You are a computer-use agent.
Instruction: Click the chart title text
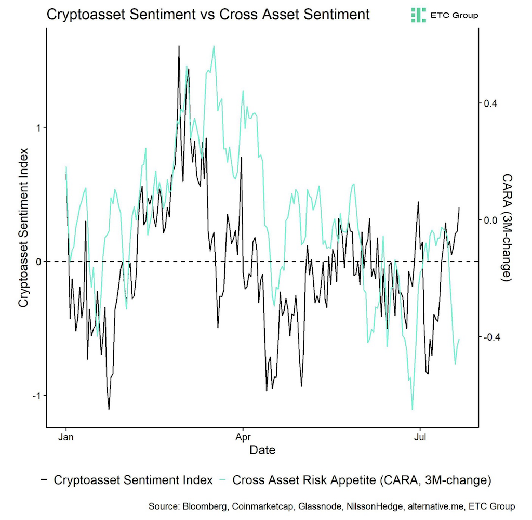coord(208,14)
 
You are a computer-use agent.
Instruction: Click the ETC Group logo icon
coord(418,15)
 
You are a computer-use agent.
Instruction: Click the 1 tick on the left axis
coord(37,128)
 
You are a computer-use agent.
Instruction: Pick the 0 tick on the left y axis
coord(37,262)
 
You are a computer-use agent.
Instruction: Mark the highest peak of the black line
coord(179,46)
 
